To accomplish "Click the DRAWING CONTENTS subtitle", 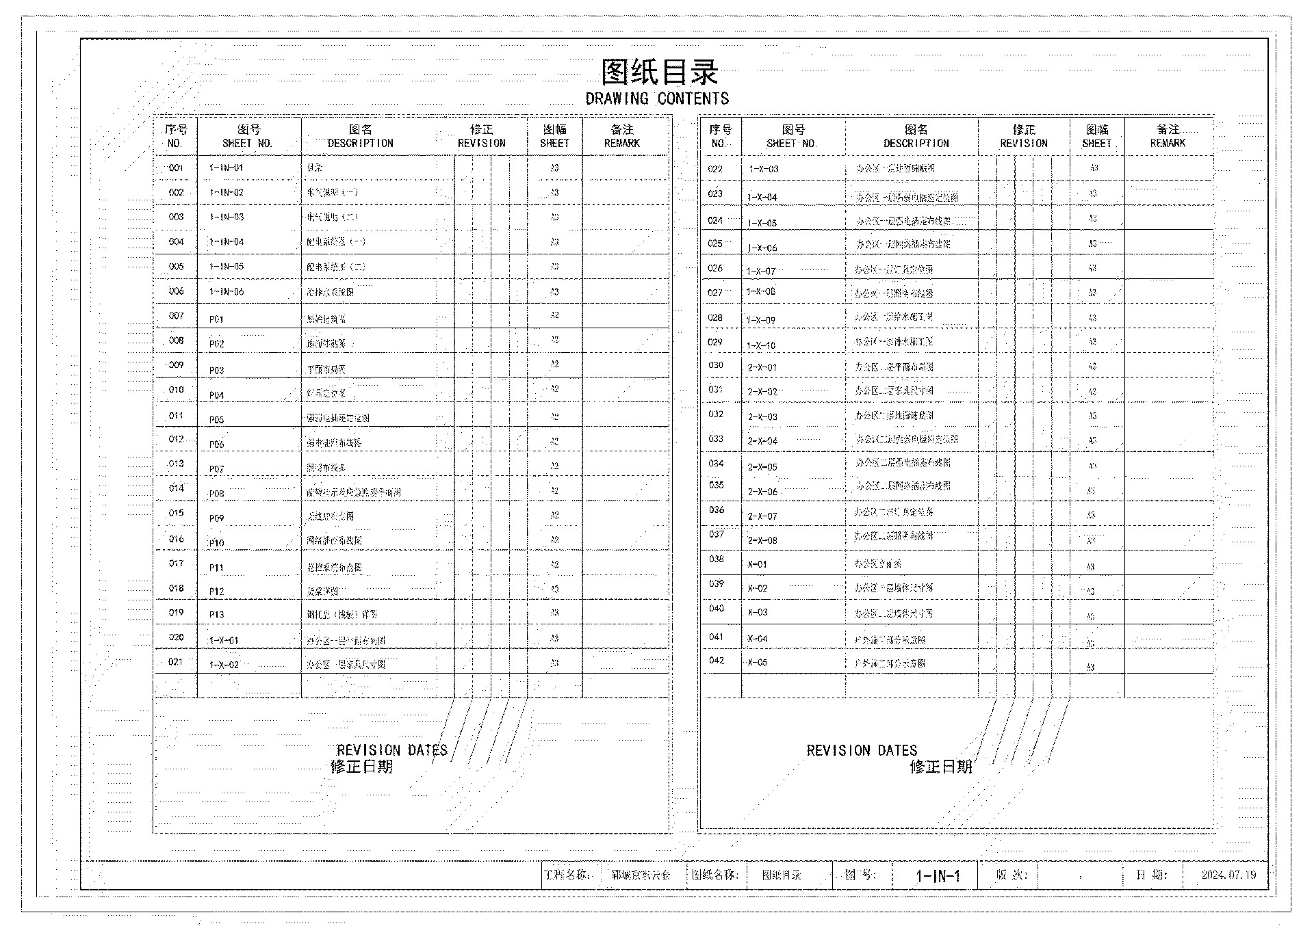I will click(657, 98).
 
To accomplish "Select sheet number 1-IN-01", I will click(226, 168).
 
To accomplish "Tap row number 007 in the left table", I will click(176, 316).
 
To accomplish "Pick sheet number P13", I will click(216, 615).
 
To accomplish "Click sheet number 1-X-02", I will click(224, 665).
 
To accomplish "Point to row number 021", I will click(176, 661).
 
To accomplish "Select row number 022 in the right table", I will click(715, 169).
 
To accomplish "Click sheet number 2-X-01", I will click(762, 367).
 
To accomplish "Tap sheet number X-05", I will click(758, 663).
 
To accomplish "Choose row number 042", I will click(716, 661).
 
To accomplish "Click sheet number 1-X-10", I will click(761, 345).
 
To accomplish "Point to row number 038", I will click(716, 559).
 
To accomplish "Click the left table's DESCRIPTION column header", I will click(360, 136).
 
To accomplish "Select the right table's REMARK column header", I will click(1168, 136).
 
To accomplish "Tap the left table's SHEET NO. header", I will click(248, 136).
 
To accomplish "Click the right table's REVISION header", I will click(1023, 136).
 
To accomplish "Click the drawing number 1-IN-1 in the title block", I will click(938, 876).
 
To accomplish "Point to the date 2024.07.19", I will click(1228, 875).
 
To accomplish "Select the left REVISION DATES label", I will click(391, 750).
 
